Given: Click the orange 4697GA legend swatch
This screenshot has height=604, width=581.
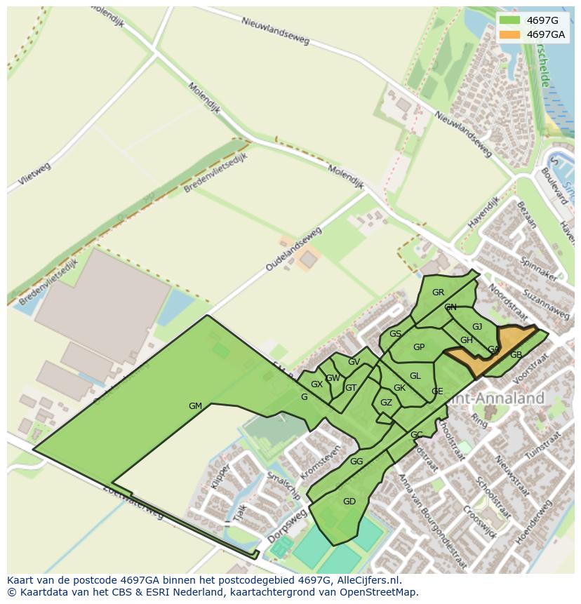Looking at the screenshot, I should (510, 34).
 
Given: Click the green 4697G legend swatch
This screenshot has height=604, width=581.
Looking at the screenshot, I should (510, 20).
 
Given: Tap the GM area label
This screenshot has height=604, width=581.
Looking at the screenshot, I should (195, 406).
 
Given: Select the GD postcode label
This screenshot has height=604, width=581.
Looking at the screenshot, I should (349, 501).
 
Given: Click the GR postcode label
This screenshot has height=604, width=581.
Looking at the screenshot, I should (438, 293).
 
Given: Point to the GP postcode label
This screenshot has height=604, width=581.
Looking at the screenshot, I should (419, 347).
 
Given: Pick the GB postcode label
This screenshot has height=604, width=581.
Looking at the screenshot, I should (516, 355).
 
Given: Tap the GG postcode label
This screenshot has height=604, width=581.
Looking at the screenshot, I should (356, 462).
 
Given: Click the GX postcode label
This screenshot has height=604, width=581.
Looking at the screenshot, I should (316, 384).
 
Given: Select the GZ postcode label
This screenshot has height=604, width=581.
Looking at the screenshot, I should (386, 403).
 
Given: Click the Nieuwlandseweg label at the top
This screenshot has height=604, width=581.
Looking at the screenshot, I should (275, 30).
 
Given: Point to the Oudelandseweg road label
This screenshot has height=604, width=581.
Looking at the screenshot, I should (293, 250).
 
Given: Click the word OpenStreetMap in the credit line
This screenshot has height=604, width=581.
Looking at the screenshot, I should (377, 592).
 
